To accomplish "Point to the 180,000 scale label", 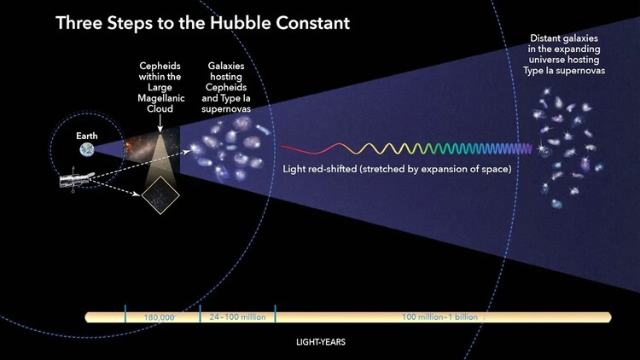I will click(x=160, y=317).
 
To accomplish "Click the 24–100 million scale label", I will click(x=238, y=317).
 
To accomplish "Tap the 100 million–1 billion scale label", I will click(x=441, y=317).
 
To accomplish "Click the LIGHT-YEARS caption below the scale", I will click(x=320, y=344).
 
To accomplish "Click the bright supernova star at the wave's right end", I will click(x=541, y=149).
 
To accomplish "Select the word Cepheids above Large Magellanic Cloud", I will click(x=160, y=66).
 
